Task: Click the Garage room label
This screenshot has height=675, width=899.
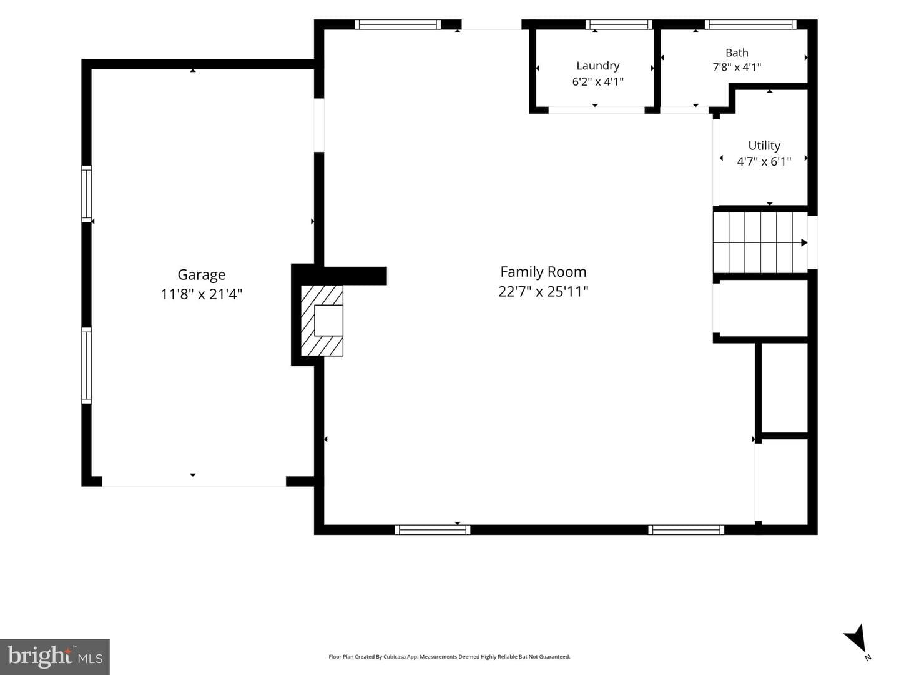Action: tap(201, 275)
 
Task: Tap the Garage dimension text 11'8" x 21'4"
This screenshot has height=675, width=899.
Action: tap(201, 294)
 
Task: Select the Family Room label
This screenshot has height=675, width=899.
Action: tap(543, 272)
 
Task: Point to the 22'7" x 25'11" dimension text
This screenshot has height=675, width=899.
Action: tap(543, 291)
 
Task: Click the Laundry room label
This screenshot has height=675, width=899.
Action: tap(597, 66)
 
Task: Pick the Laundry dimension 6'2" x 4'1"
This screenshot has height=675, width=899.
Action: tap(597, 81)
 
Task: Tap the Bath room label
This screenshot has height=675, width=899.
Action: tap(737, 52)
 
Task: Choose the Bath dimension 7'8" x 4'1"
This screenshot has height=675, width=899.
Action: tap(737, 67)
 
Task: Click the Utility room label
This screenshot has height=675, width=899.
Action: tap(764, 146)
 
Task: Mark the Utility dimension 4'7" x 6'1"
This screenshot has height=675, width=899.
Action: tap(764, 161)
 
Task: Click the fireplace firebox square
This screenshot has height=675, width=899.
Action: tap(328, 321)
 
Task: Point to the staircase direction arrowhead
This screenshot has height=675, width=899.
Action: tap(804, 242)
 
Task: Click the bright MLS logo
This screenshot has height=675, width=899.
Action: tap(55, 656)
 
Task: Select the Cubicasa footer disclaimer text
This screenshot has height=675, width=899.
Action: tap(449, 656)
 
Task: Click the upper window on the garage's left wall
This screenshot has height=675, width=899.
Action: tap(86, 194)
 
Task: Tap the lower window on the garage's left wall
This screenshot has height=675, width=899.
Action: tap(86, 366)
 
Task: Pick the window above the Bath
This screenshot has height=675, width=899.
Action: tap(750, 24)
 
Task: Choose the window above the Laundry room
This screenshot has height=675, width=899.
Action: tap(619, 24)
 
